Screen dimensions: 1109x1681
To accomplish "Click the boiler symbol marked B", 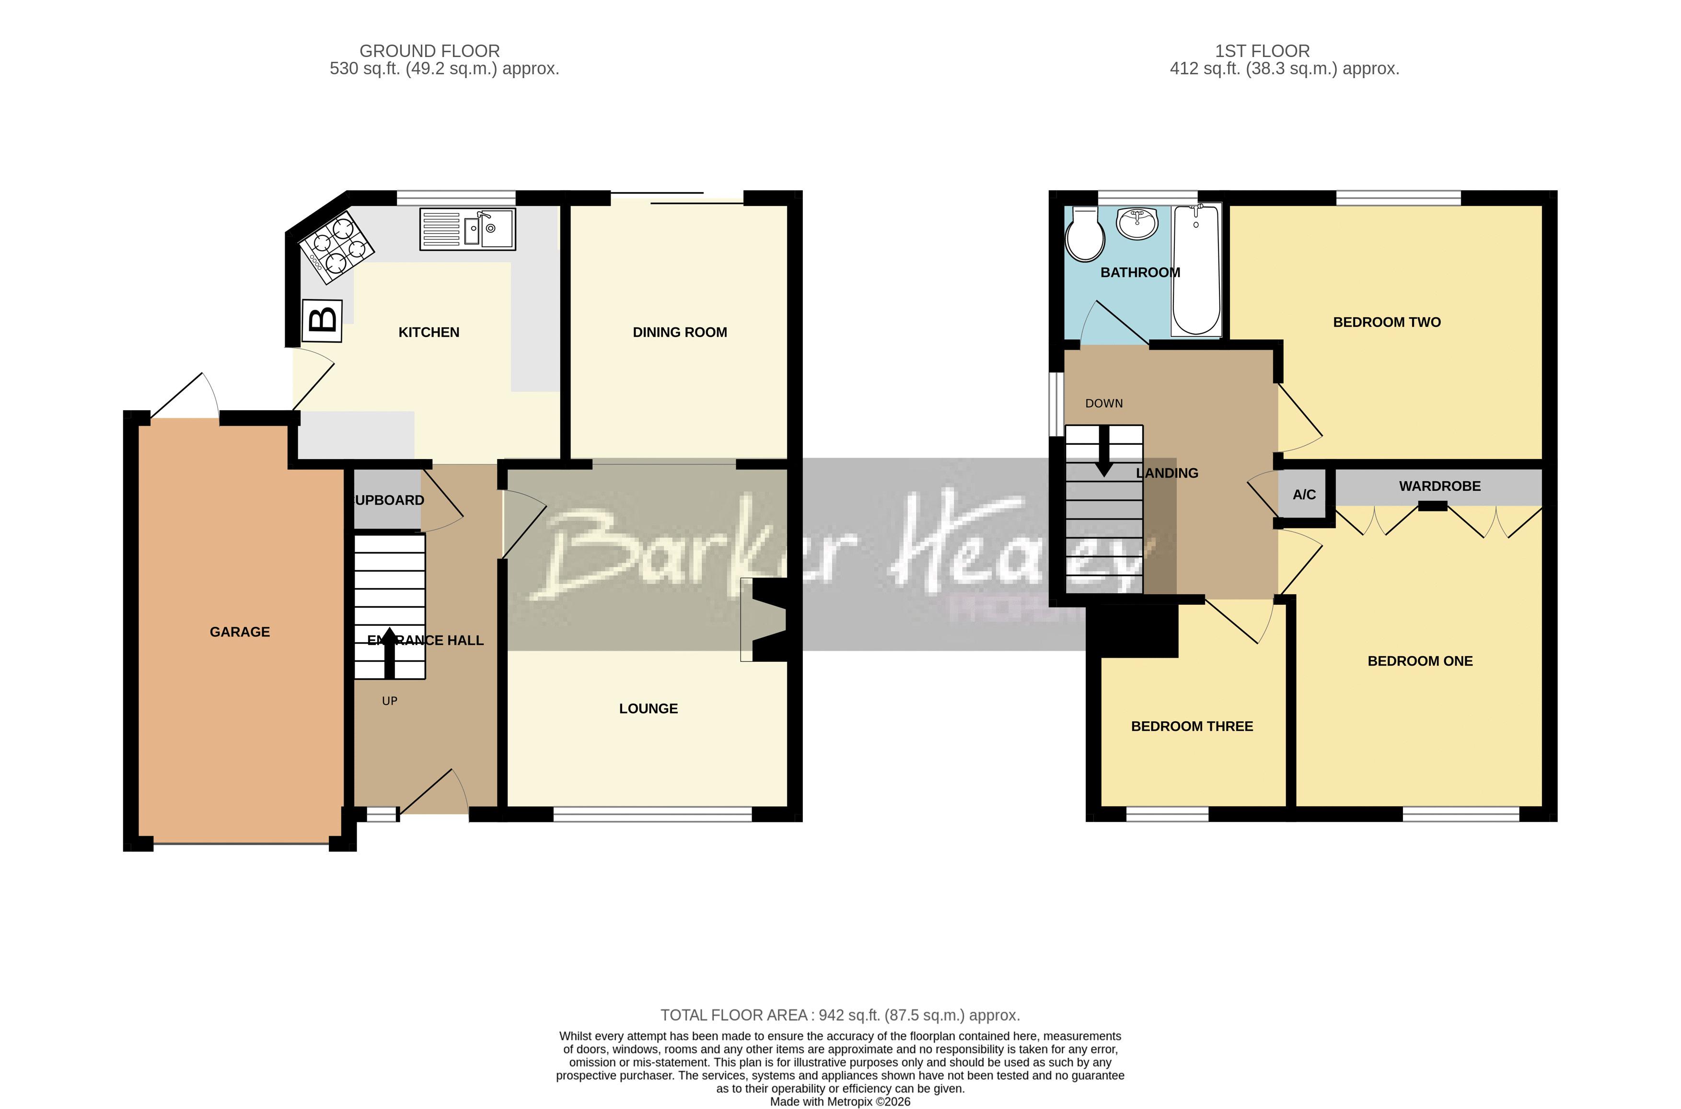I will [323, 321].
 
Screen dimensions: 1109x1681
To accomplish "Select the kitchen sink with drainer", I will [467, 229].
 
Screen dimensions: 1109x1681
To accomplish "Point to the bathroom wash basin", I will [1137, 223].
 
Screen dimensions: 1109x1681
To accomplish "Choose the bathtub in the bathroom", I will [1196, 269].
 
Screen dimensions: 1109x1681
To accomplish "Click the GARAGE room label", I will [240, 632].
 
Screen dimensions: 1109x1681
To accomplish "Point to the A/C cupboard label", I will [1304, 495].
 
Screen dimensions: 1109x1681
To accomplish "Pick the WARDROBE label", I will [1439, 486].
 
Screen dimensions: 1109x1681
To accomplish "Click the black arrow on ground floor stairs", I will [389, 652].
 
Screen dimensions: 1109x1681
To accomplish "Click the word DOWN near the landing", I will [1103, 403].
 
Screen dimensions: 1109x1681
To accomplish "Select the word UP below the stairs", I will [390, 701].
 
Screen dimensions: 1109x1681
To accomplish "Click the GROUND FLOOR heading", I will [429, 51].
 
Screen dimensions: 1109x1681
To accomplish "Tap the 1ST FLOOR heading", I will [1262, 51].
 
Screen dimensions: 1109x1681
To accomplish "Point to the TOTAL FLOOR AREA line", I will [839, 1015].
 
